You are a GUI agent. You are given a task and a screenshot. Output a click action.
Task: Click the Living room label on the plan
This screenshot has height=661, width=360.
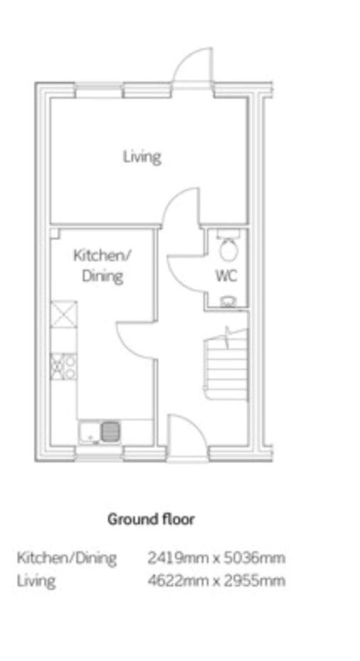(142, 156)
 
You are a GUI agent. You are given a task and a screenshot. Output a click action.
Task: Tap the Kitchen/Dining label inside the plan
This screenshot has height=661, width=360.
(102, 265)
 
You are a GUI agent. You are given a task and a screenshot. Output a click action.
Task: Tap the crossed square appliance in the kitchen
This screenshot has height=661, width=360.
(63, 314)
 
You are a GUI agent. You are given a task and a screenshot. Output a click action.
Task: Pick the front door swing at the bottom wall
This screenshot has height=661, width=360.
(186, 433)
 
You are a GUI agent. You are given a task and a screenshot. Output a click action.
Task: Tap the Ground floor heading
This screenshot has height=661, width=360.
(151, 519)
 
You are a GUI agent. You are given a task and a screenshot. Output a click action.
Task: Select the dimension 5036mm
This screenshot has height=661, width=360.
(253, 557)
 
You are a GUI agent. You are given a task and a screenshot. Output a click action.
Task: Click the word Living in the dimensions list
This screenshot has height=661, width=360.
(36, 581)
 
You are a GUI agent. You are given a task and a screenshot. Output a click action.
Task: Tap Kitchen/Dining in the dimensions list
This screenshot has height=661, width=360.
(67, 557)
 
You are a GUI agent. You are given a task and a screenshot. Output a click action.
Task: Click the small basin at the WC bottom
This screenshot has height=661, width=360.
(228, 302)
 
